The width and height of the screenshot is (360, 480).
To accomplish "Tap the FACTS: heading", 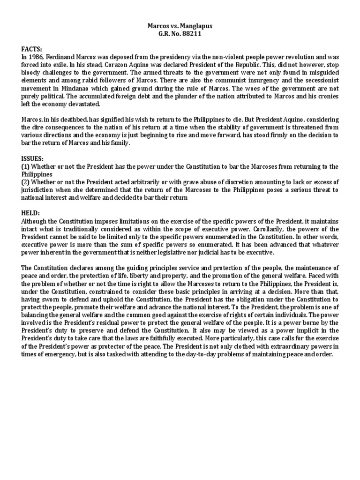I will pyautogui.click(x=31, y=49).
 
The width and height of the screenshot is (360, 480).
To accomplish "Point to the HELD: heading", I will pyautogui.click(x=30, y=212).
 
